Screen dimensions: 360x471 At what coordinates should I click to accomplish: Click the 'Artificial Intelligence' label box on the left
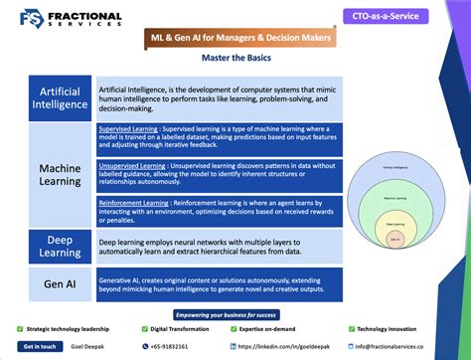point(60,96)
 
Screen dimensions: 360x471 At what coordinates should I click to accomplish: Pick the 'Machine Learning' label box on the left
point(60,175)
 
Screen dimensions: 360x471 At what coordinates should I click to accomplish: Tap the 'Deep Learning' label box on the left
point(60,245)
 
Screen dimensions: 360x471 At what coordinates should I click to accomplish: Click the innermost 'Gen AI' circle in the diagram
point(395,240)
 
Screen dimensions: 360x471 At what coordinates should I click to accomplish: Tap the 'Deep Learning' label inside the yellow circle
point(395,226)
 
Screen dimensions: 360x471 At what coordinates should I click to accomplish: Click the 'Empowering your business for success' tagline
point(235,313)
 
